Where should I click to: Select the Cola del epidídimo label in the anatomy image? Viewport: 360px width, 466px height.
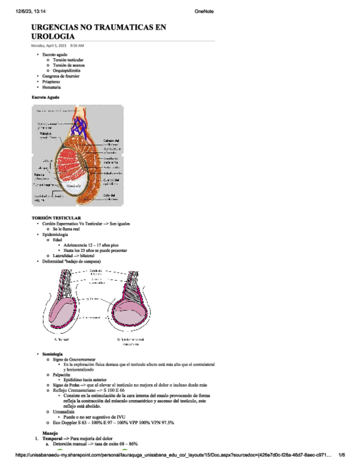[x=110, y=197]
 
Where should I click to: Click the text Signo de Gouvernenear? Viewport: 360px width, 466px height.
[x=76, y=359]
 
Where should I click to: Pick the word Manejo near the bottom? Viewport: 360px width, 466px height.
[x=49, y=433]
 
